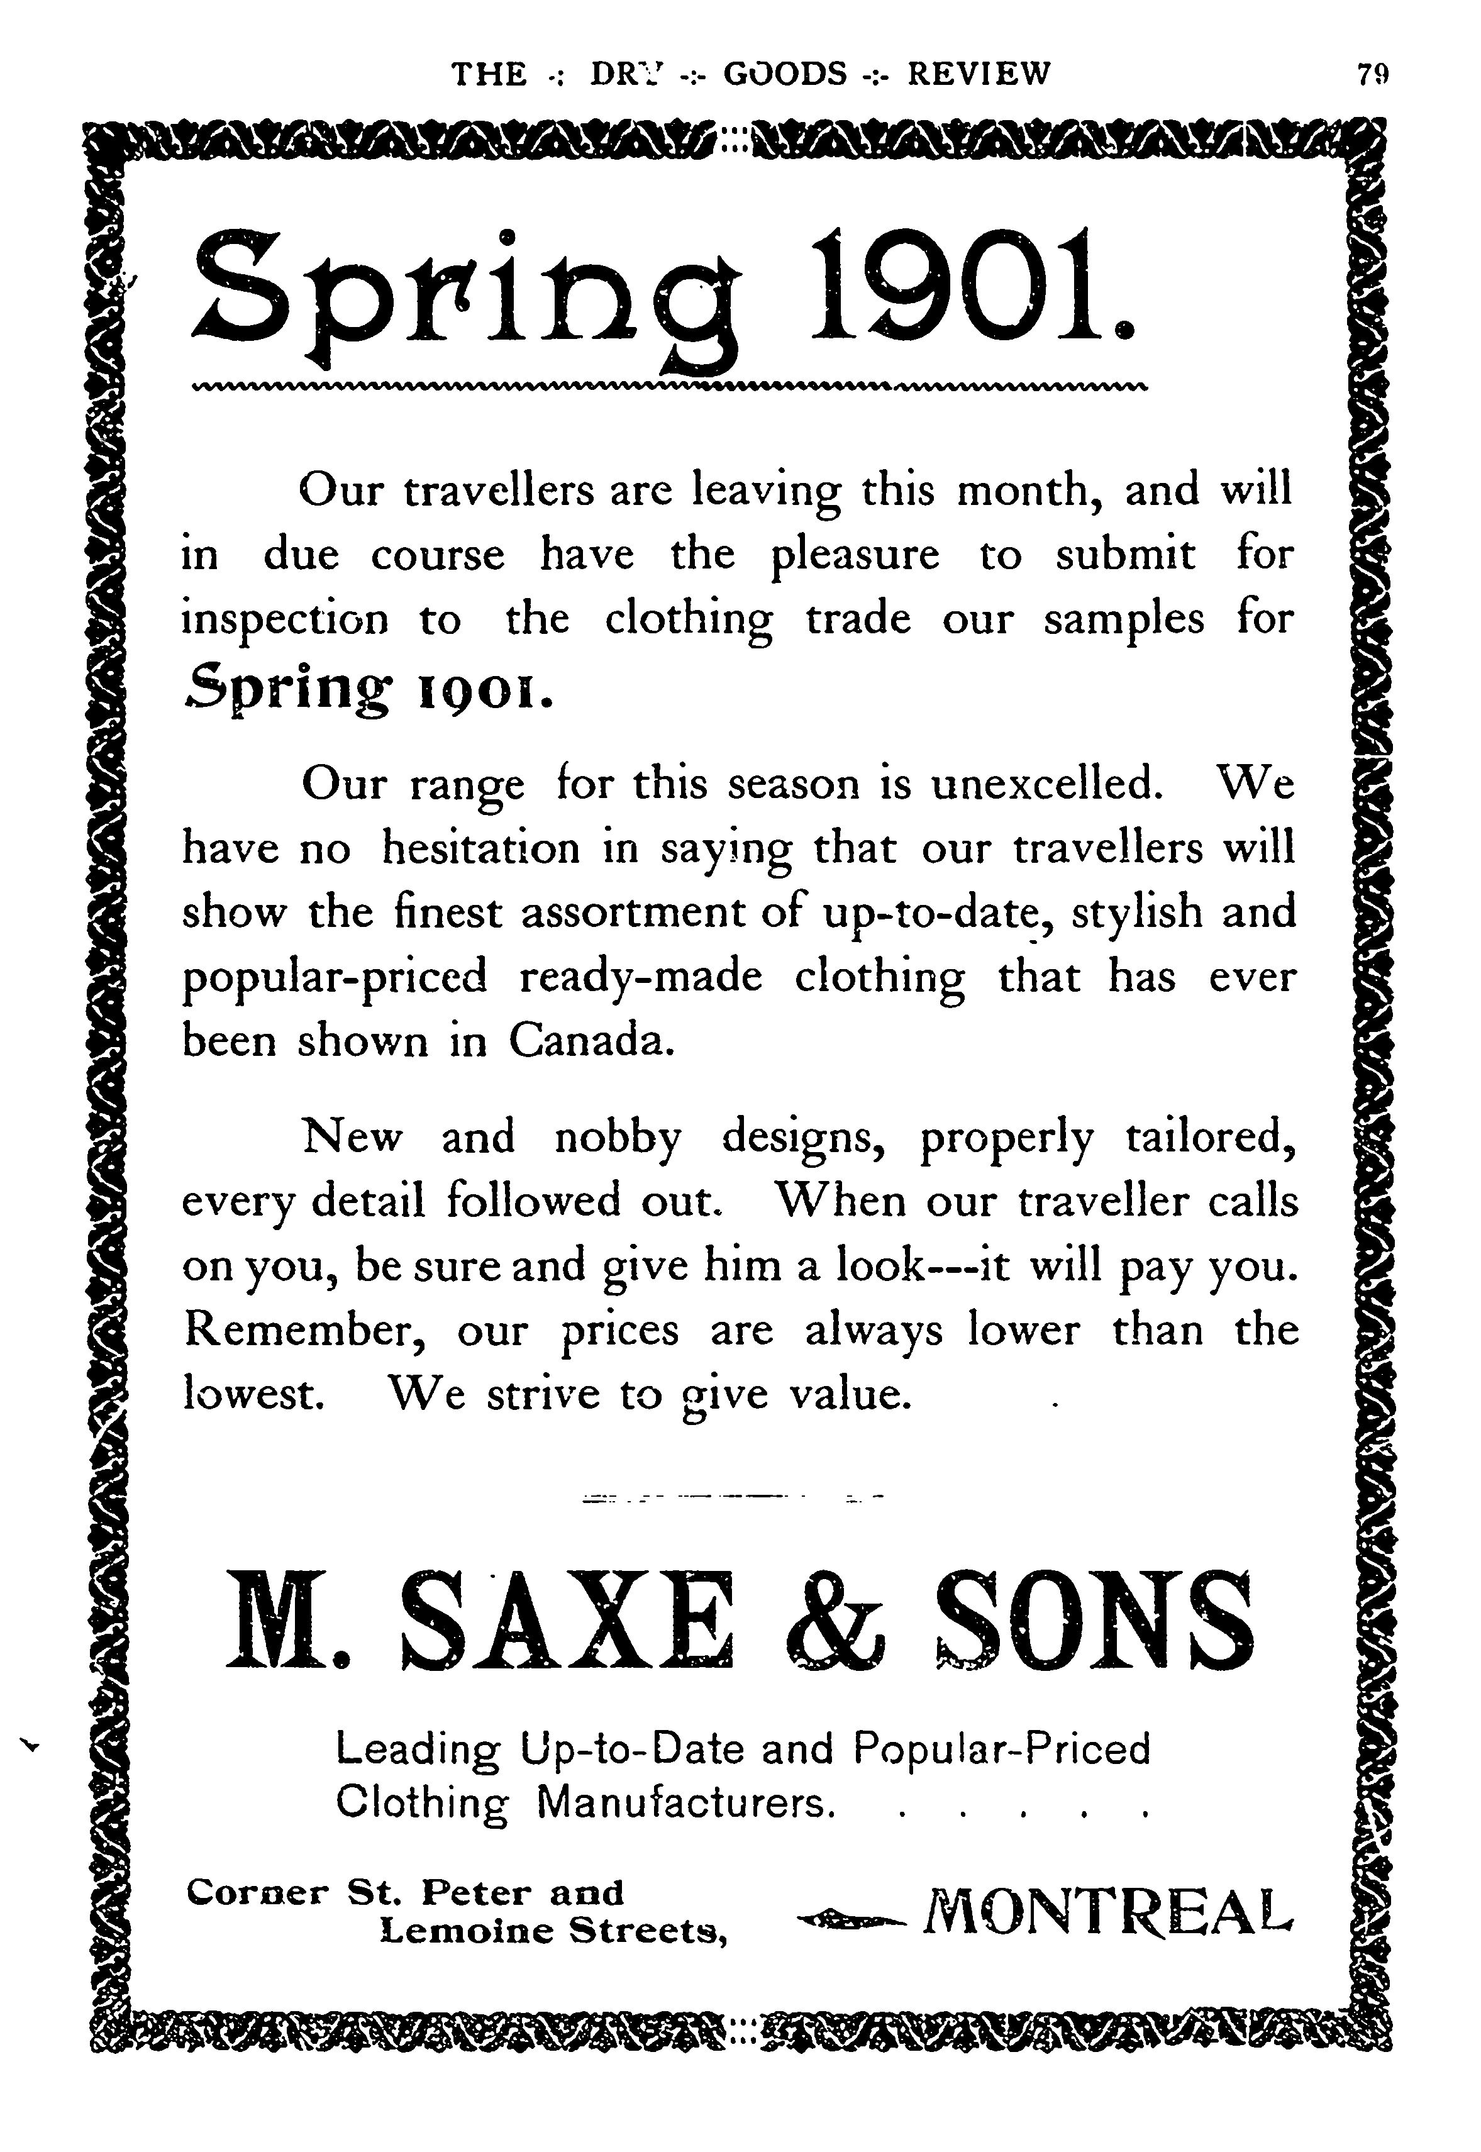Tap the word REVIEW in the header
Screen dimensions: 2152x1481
point(979,74)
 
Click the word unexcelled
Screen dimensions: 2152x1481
point(1046,785)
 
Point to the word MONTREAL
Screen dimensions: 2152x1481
point(1106,1912)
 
